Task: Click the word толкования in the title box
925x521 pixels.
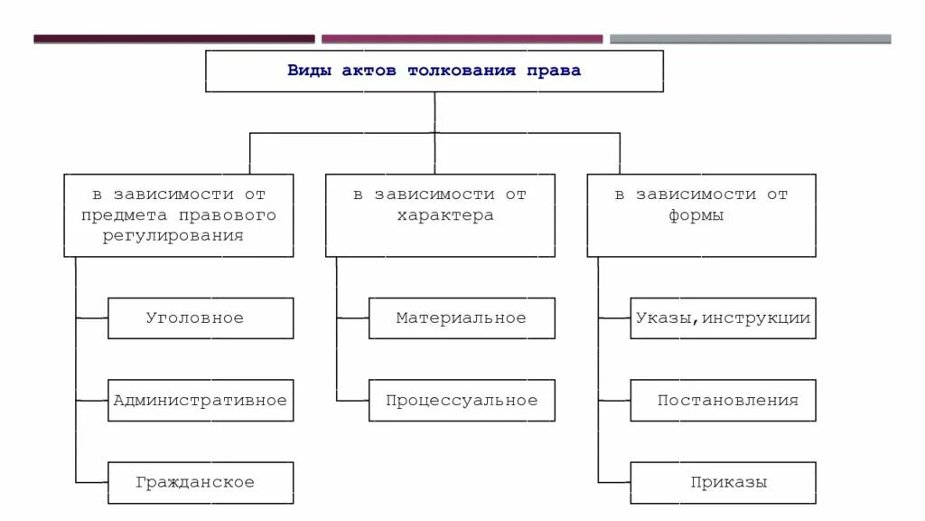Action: click(x=461, y=71)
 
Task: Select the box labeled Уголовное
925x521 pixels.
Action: click(x=201, y=318)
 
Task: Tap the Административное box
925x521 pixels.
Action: click(x=201, y=401)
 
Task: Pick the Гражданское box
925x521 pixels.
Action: click(x=201, y=483)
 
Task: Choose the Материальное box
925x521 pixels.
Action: click(x=462, y=318)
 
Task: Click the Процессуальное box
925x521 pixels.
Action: click(x=462, y=401)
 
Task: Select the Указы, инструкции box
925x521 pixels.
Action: click(x=723, y=318)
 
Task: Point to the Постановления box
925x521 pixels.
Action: click(x=723, y=401)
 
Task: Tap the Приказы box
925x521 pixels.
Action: click(x=723, y=483)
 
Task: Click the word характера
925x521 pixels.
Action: click(x=445, y=216)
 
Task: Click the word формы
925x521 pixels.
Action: click(x=696, y=216)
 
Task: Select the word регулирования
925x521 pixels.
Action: click(x=179, y=235)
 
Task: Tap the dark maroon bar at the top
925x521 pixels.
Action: click(x=174, y=39)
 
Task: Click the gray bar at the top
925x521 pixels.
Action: click(x=750, y=39)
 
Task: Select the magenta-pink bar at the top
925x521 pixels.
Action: click(x=462, y=39)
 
